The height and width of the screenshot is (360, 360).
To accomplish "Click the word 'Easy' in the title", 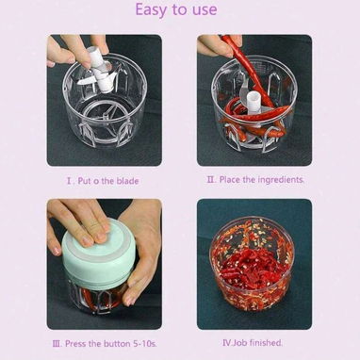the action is (x=152, y=9).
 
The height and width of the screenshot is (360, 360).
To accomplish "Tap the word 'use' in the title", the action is (x=205, y=9).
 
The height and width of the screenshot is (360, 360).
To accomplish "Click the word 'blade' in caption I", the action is (x=127, y=181).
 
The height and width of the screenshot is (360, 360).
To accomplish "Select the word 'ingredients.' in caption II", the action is (x=281, y=180).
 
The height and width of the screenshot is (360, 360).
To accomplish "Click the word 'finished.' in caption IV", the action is (x=267, y=342).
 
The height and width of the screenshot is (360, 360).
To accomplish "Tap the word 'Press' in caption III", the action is (x=75, y=344).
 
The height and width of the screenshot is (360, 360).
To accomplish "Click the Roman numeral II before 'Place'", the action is (x=211, y=180).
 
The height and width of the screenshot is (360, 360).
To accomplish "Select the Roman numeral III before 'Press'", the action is (x=57, y=344).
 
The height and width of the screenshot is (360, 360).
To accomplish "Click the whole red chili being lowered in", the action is (x=248, y=68).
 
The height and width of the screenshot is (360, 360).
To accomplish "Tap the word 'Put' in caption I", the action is (x=85, y=181).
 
